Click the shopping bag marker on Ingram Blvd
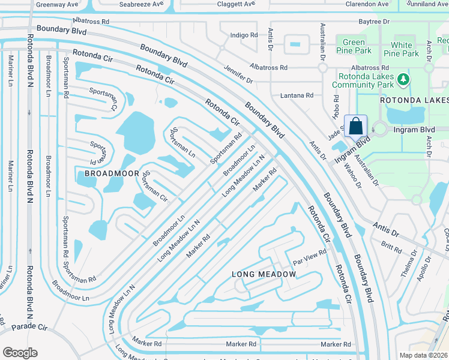click(x=355, y=126)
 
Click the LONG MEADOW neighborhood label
click(x=264, y=274)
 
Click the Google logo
click(x=20, y=352)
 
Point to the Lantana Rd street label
click(x=297, y=95)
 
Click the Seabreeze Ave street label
click(x=141, y=4)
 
